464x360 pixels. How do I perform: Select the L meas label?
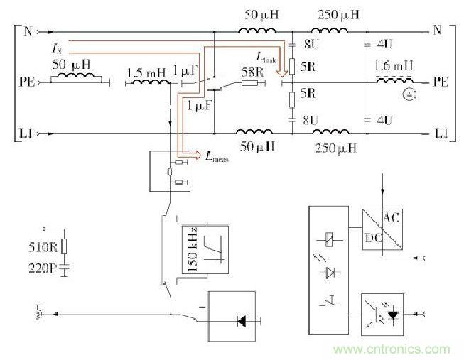(219, 157)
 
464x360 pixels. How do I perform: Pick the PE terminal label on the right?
(441, 82)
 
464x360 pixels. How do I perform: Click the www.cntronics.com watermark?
(390, 349)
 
